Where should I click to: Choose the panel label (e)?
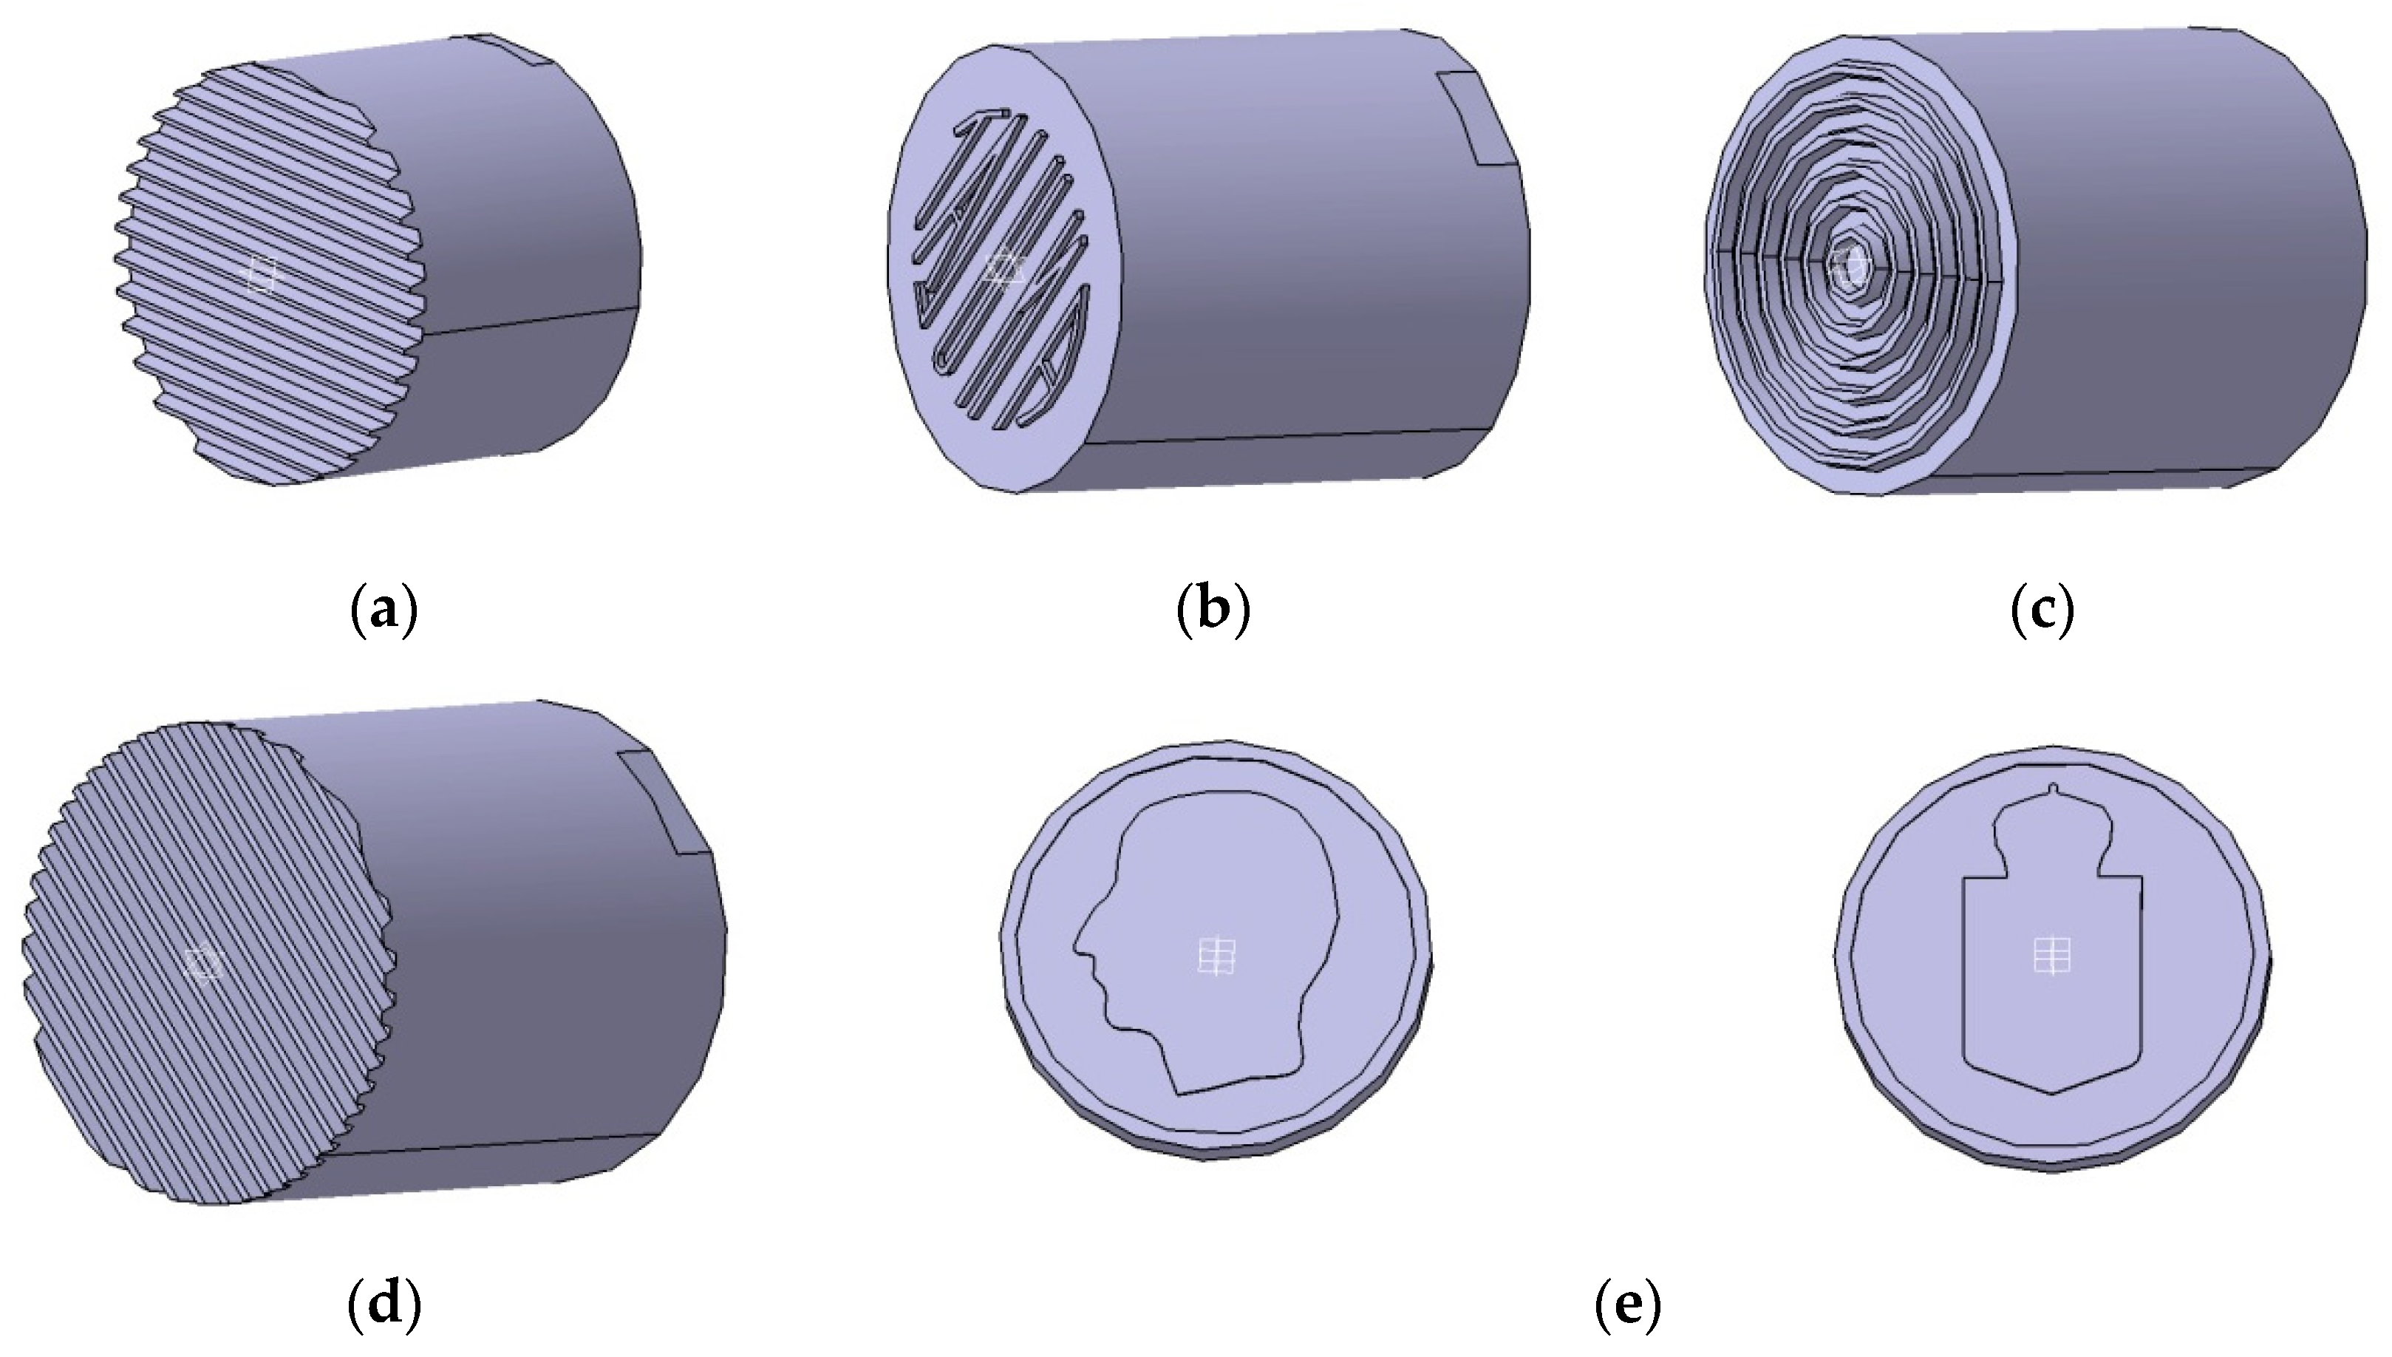[1628, 1307]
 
